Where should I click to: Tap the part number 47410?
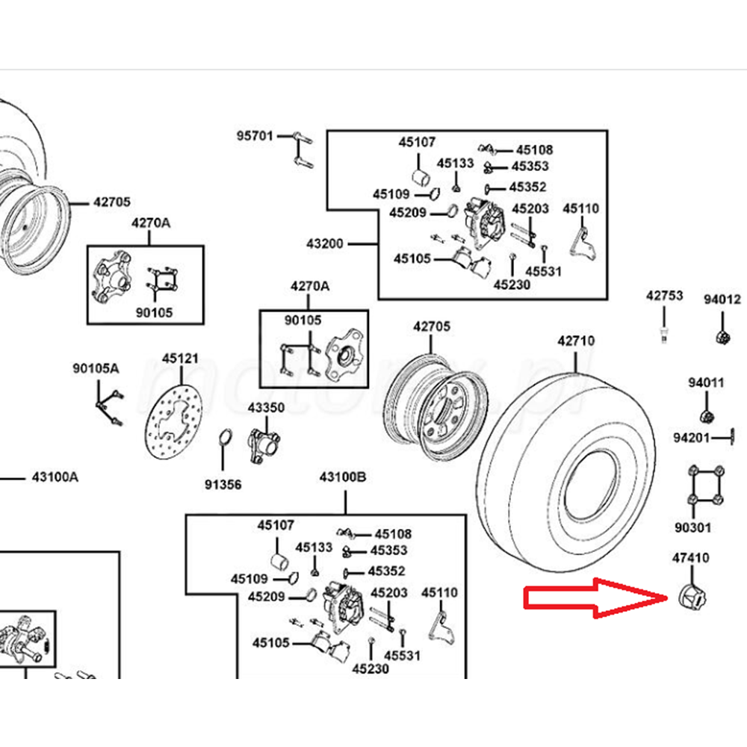(x=690, y=558)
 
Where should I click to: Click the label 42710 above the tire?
(x=576, y=341)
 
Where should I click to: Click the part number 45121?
(x=180, y=359)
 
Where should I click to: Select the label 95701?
(x=255, y=136)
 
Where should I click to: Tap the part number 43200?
(x=324, y=244)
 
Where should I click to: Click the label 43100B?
(x=343, y=477)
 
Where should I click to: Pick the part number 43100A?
(x=55, y=477)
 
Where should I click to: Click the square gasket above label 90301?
(x=704, y=486)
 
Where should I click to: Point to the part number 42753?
(x=664, y=296)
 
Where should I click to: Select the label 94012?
(x=722, y=300)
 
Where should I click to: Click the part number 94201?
(x=691, y=437)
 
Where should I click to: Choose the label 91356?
(x=223, y=484)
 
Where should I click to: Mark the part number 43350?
(x=266, y=408)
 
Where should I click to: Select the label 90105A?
(x=96, y=368)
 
